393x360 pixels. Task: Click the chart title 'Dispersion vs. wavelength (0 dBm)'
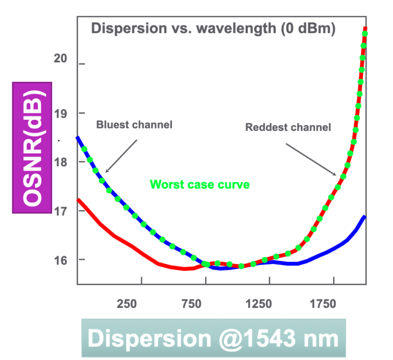[x=213, y=29]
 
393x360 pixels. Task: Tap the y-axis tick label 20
[x=60, y=58]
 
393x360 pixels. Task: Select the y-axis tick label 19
[x=60, y=113]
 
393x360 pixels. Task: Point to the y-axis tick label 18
[x=60, y=162]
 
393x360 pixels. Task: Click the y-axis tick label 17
[x=60, y=211]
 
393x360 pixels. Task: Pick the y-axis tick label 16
[x=60, y=260]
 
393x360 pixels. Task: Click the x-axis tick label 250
[x=127, y=304]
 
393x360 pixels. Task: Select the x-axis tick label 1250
[x=258, y=304]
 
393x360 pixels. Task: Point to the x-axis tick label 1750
[x=323, y=304]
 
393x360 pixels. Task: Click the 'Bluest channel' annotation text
[x=134, y=124]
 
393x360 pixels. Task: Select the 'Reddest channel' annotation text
[x=288, y=127]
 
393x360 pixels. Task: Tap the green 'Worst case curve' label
[x=200, y=184]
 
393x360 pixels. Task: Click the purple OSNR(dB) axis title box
[x=32, y=147]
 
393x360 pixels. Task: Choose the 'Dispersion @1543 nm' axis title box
[x=213, y=339]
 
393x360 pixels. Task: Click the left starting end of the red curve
[x=78, y=200]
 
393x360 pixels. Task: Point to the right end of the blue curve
[x=364, y=217]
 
